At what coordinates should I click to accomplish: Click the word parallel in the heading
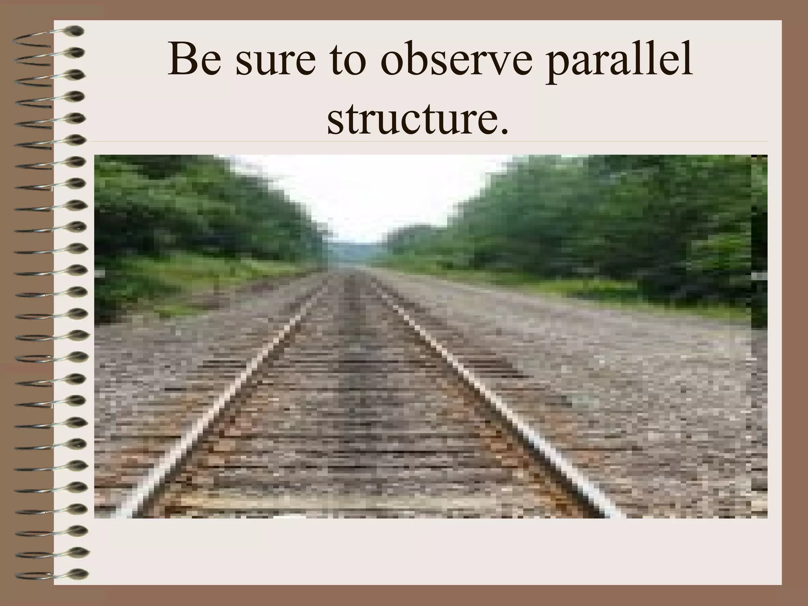pyautogui.click(x=619, y=63)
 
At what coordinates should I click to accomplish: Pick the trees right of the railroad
pyautogui.click(x=592, y=221)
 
